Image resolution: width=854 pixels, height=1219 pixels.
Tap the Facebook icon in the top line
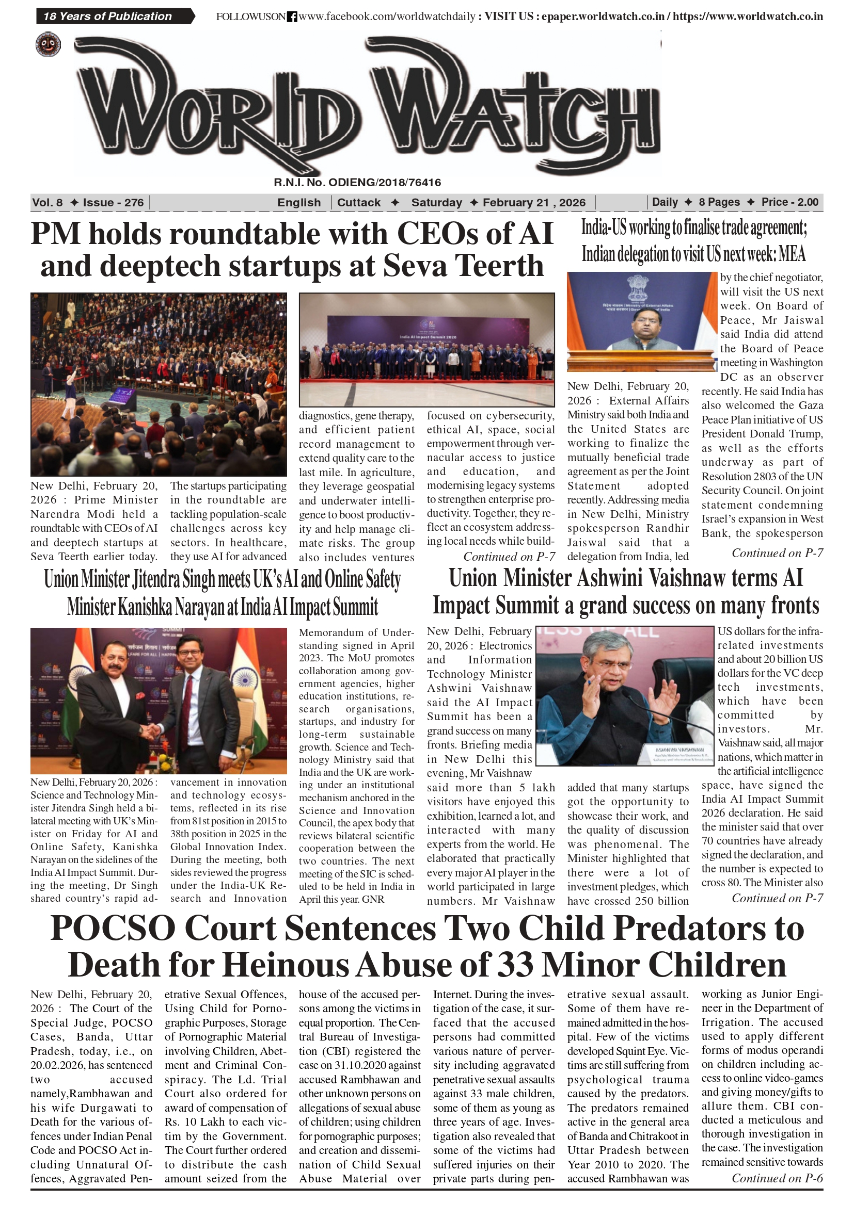(292, 17)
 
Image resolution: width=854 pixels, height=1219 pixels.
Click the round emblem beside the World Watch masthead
(49, 44)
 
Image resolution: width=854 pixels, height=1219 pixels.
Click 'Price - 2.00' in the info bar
(789, 202)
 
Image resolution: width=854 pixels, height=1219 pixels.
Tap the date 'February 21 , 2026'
(534, 202)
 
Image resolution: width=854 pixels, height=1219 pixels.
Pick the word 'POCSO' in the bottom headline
(113, 929)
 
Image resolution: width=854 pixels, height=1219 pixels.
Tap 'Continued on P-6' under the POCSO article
(777, 1178)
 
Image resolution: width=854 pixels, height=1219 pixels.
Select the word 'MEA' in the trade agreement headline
(792, 254)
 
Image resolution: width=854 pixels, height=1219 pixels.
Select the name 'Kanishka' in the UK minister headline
(145, 607)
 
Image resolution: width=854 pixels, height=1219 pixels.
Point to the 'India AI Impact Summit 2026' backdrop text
(428, 337)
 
